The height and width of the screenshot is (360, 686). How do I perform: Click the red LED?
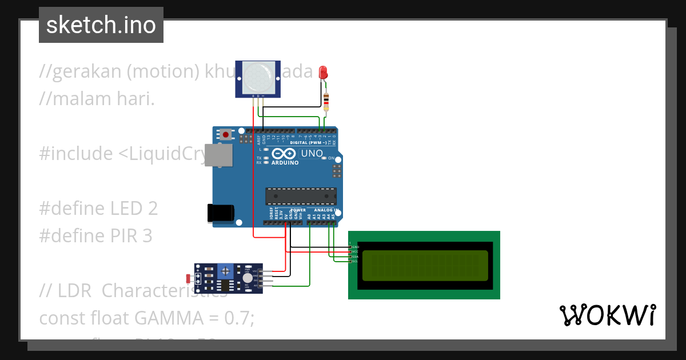[323, 73]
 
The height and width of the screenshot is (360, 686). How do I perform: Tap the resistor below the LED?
[326, 102]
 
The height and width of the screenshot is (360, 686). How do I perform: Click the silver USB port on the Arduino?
[219, 155]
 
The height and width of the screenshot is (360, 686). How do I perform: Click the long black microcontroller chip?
[301, 196]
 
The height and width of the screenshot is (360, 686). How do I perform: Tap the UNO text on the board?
[312, 153]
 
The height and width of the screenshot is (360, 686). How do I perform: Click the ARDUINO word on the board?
[285, 163]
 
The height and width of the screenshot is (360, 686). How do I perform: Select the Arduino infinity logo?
[285, 153]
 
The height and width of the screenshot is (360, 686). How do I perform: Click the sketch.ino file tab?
[101, 25]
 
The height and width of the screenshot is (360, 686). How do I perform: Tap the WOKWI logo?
[607, 315]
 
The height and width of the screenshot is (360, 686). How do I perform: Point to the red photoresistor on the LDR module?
[189, 278]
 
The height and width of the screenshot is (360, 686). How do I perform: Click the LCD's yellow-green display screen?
[425, 265]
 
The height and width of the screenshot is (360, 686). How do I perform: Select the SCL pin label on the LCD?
[355, 261]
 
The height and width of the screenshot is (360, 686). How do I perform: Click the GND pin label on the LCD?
[355, 247]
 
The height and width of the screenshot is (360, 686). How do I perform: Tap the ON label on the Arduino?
[331, 158]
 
